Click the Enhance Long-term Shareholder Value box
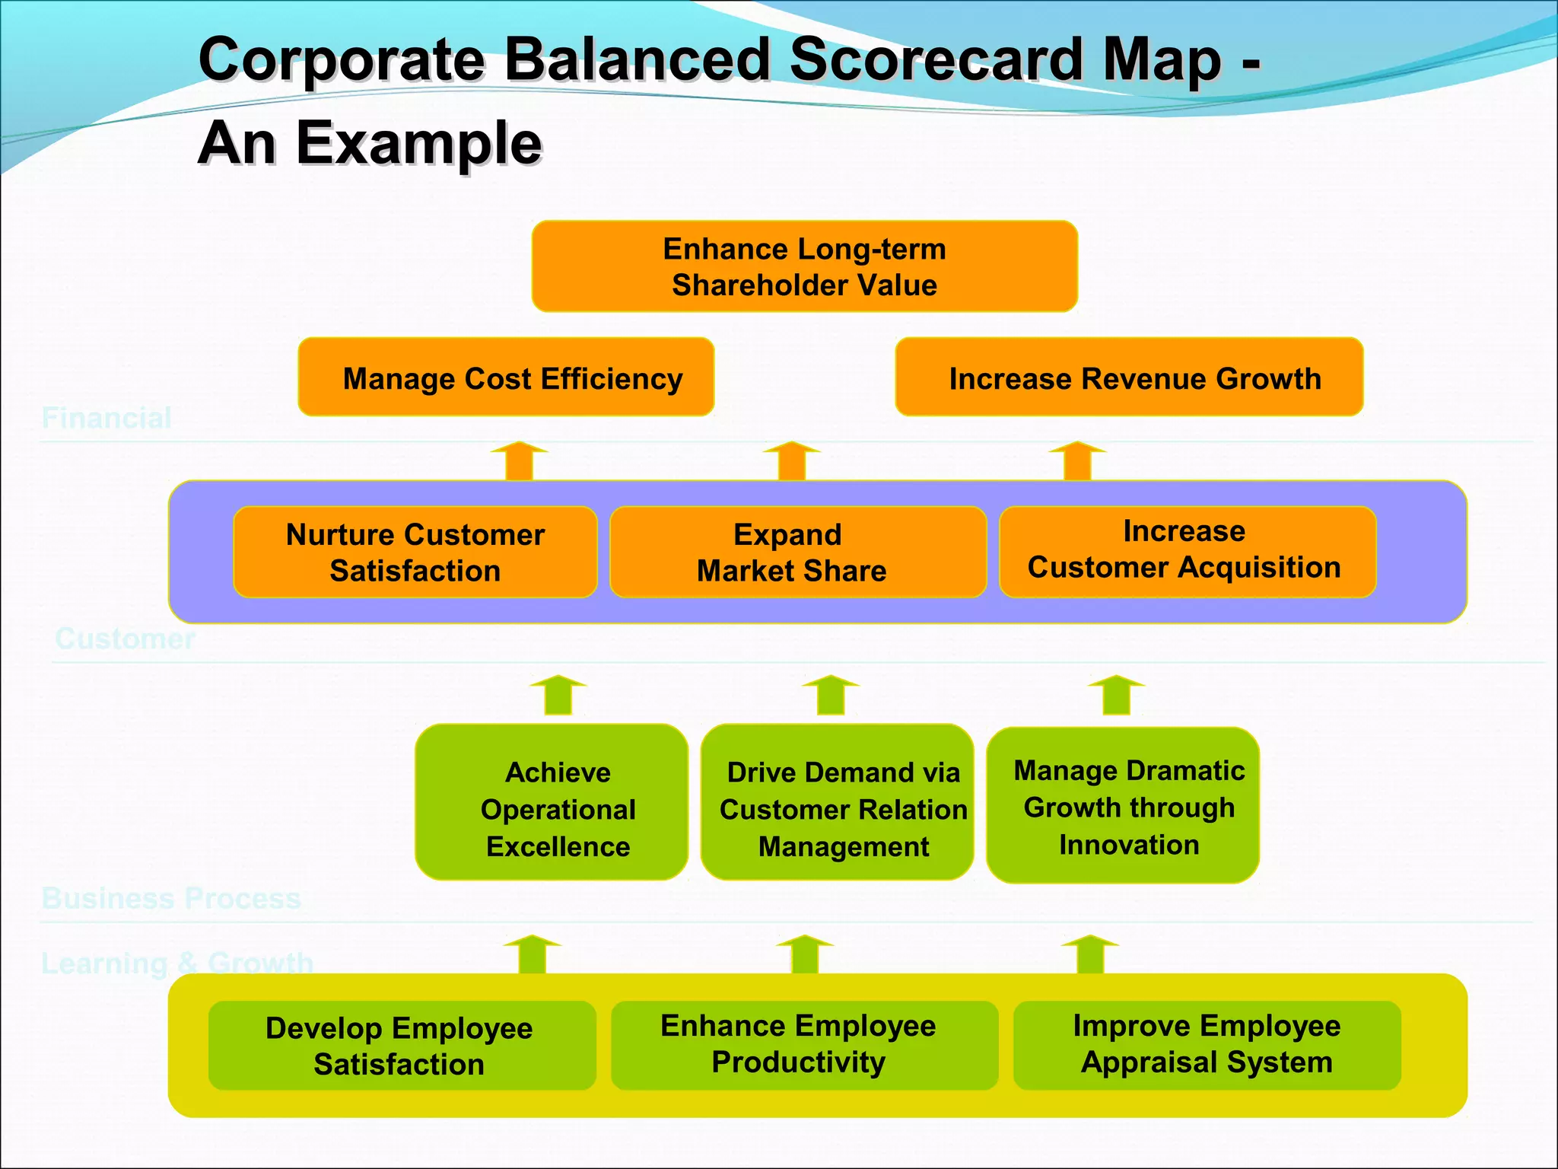[804, 266]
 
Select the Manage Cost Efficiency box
[506, 377]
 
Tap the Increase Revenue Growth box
[1129, 377]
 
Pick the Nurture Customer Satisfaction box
[415, 553]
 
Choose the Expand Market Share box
[798, 553]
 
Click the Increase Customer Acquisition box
[1187, 551]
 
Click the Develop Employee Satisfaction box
[402, 1046]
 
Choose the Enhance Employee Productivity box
[804, 1045]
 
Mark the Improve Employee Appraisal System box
[1207, 1045]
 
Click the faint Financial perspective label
[107, 418]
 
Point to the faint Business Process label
[171, 898]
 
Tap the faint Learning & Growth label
[176, 964]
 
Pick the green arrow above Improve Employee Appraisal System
[1090, 954]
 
